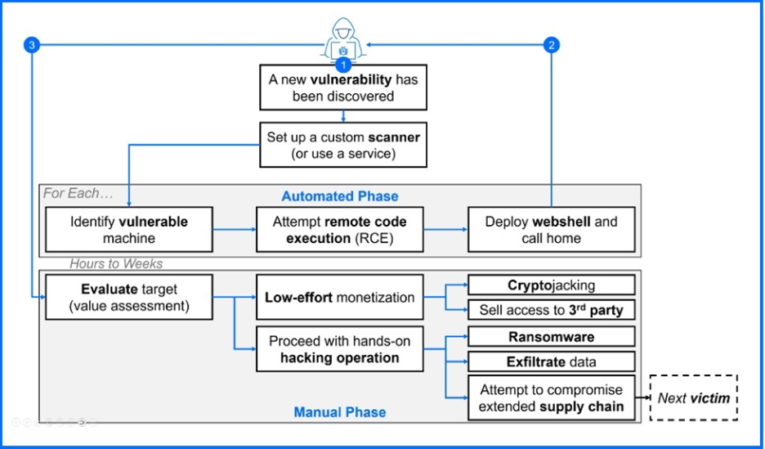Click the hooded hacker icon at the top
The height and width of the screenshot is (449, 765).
pyautogui.click(x=343, y=38)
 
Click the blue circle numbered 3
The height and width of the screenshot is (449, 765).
pyautogui.click(x=32, y=45)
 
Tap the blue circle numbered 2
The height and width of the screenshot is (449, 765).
pyautogui.click(x=552, y=45)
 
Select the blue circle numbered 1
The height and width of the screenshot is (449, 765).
pyautogui.click(x=343, y=64)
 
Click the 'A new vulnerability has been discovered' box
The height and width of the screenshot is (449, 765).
pyautogui.click(x=343, y=88)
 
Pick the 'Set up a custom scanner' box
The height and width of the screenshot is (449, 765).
pyautogui.click(x=343, y=146)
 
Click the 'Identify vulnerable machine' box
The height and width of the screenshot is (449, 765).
pyautogui.click(x=128, y=230)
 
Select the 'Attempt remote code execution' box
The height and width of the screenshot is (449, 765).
pyautogui.click(x=340, y=230)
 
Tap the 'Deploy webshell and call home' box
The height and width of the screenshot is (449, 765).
pyautogui.click(x=551, y=230)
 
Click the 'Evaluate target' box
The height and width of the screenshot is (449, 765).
pyautogui.click(x=128, y=298)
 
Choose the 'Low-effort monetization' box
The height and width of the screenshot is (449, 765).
pyautogui.click(x=340, y=298)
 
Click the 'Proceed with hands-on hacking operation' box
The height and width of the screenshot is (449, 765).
pyautogui.click(x=340, y=349)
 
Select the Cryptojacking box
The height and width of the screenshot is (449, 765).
pyautogui.click(x=551, y=285)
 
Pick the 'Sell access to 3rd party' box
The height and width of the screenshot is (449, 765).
pyautogui.click(x=551, y=310)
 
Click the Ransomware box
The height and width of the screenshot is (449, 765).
pyautogui.click(x=551, y=337)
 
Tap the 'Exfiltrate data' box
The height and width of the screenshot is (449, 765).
pyautogui.click(x=551, y=361)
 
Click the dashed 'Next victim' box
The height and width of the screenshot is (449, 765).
pyautogui.click(x=693, y=397)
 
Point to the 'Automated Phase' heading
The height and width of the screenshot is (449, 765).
pyautogui.click(x=340, y=196)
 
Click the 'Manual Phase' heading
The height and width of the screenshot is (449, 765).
pyautogui.click(x=340, y=411)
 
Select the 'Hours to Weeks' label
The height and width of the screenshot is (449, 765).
pyautogui.click(x=116, y=263)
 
